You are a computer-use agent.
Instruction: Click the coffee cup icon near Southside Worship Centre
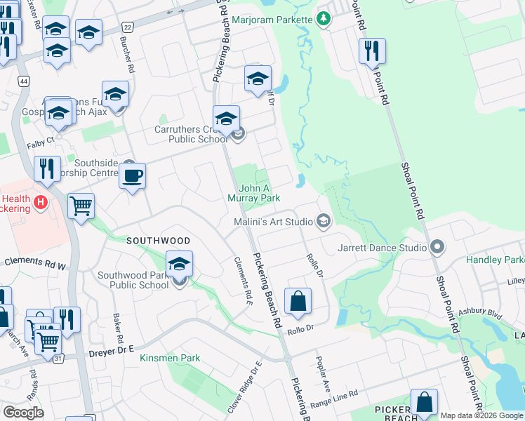tap(132, 176)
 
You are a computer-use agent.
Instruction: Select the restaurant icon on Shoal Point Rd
tap(372, 52)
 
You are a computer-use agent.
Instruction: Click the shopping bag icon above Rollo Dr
tap(298, 301)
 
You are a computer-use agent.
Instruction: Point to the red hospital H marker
tap(41, 203)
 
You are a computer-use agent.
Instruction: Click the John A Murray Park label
tap(253, 193)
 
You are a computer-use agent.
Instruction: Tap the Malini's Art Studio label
tap(274, 222)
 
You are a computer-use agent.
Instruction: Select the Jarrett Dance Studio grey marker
tap(437, 247)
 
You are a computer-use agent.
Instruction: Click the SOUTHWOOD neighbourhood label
tap(158, 240)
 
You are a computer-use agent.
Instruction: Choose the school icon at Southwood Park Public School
tap(179, 265)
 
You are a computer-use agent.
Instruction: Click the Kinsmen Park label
tap(170, 358)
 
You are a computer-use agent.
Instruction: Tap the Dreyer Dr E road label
tap(112, 354)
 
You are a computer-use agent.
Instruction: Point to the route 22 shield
tap(127, 27)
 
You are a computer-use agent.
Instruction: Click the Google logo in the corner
tap(23, 413)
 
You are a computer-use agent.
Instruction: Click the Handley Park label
tap(495, 260)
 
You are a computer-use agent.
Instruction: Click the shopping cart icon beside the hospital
tap(81, 206)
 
